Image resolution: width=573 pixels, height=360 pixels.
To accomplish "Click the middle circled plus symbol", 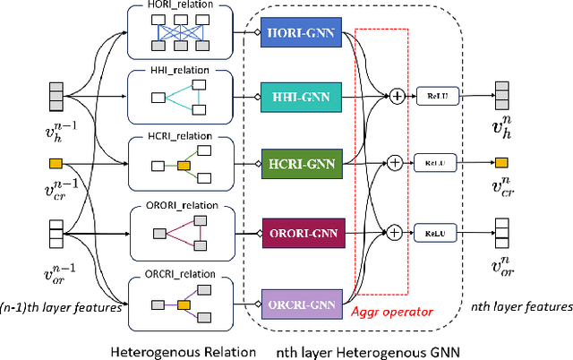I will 393,163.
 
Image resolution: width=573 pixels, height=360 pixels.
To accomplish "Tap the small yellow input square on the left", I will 55,163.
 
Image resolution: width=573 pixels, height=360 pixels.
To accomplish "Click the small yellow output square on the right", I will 501,162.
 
